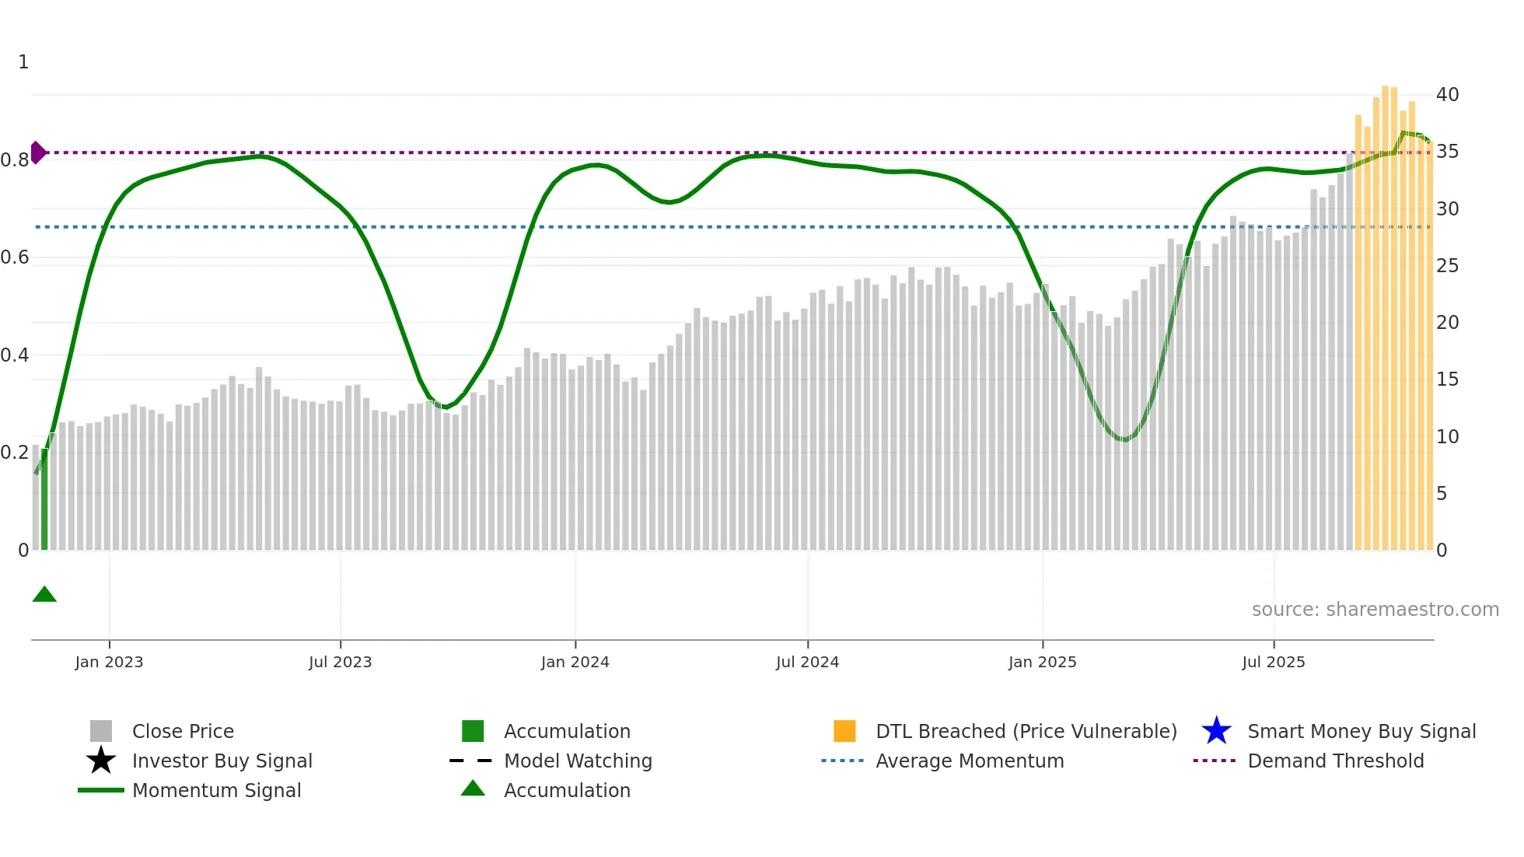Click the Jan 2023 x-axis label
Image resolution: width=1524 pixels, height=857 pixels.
[109, 662]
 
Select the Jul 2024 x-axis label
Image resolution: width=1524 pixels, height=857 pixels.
[807, 662]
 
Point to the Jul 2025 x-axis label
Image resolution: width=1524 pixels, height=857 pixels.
[1273, 662]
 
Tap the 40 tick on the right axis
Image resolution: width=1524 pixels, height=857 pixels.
[1447, 95]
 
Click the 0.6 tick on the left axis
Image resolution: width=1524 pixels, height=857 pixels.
[15, 257]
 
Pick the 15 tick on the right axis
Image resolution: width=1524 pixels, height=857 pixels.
[1447, 380]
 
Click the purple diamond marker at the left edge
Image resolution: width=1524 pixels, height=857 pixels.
[37, 152]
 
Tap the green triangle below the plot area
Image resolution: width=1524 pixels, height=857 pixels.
[44, 595]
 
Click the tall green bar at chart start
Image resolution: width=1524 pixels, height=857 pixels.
[44, 498]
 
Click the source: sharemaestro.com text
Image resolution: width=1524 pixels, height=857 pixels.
[1375, 610]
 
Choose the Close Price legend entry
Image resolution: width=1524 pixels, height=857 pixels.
[183, 731]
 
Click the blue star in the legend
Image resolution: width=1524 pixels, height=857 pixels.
[1216, 731]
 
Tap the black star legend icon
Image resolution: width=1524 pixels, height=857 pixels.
[101, 761]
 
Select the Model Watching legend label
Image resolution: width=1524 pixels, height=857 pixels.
[578, 761]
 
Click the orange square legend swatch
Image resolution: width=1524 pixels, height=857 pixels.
[844, 731]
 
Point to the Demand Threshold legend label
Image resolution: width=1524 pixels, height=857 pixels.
[1335, 761]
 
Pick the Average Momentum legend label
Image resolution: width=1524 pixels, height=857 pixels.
[970, 761]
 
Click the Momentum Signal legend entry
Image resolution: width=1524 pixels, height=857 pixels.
[216, 790]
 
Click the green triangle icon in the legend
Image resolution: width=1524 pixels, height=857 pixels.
[473, 789]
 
